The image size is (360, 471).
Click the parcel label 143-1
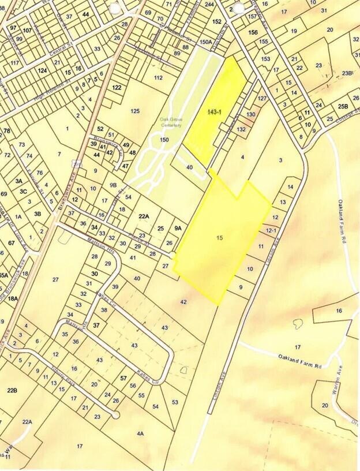click(213, 111)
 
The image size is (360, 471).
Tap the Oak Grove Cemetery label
click(171, 123)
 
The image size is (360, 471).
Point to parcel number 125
click(136, 110)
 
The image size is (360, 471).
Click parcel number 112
click(159, 77)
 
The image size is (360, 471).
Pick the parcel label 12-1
click(272, 229)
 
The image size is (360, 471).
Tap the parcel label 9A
click(178, 228)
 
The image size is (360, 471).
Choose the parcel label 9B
click(113, 185)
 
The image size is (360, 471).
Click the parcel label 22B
click(13, 391)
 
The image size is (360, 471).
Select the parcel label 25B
click(343, 107)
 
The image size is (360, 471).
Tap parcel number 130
click(251, 115)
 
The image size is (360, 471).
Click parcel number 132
click(242, 129)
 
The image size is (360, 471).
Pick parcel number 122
click(117, 87)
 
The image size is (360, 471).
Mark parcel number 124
click(42, 70)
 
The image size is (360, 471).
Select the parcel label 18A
click(13, 298)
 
